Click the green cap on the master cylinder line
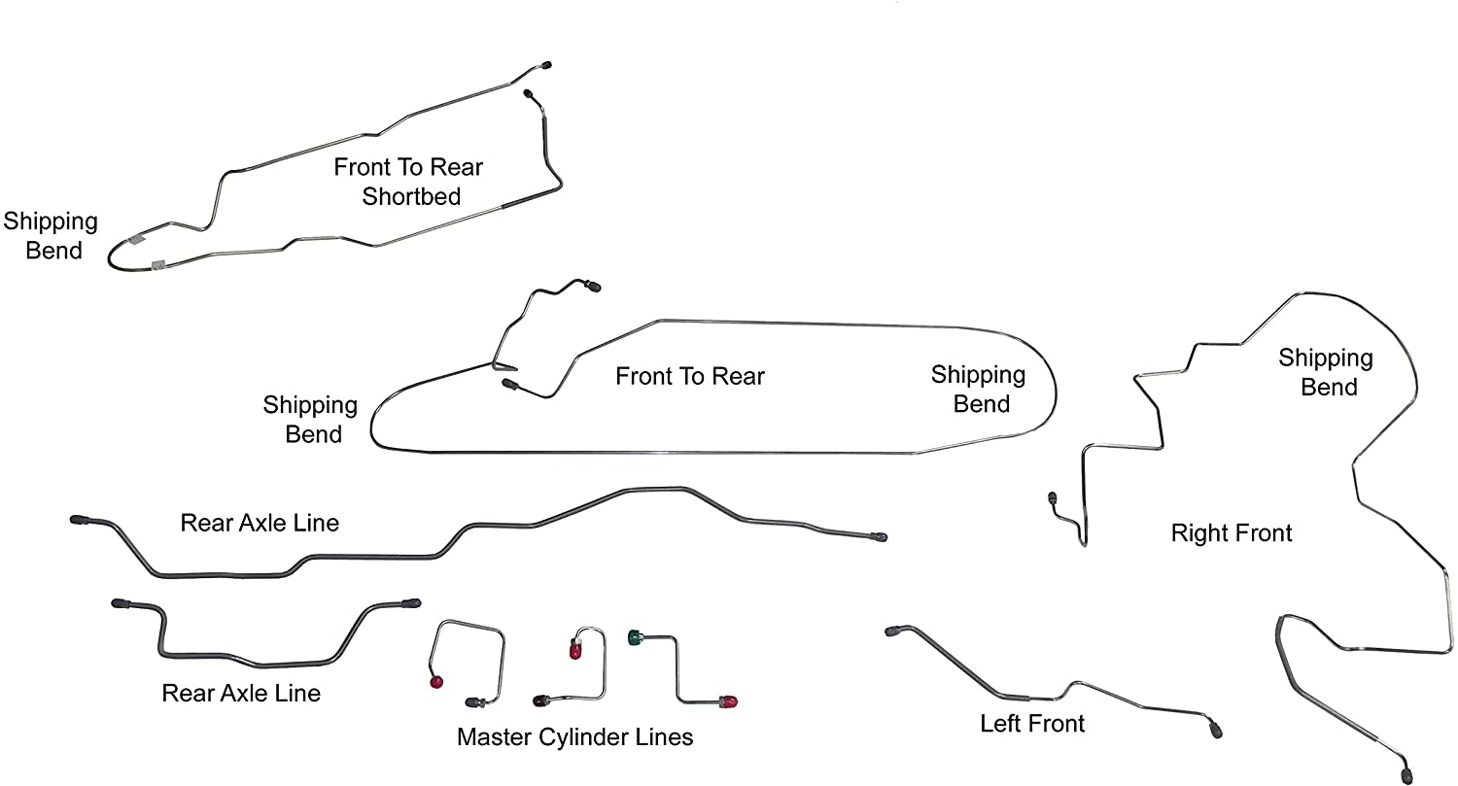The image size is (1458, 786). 638,637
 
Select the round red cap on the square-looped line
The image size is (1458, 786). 435,682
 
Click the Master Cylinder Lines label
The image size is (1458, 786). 574,737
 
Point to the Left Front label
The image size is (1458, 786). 1032,724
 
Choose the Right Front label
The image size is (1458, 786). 1232,532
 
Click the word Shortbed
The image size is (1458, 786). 411,196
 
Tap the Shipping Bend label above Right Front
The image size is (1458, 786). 1326,372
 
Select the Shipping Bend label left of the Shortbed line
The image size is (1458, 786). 51,235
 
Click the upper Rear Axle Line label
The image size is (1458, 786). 260,523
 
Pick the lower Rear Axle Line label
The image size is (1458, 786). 241,693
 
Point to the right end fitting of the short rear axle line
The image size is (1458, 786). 411,603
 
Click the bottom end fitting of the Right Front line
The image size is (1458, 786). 1406,774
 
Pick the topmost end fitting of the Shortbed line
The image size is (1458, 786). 546,65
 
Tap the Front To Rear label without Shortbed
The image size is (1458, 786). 690,376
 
